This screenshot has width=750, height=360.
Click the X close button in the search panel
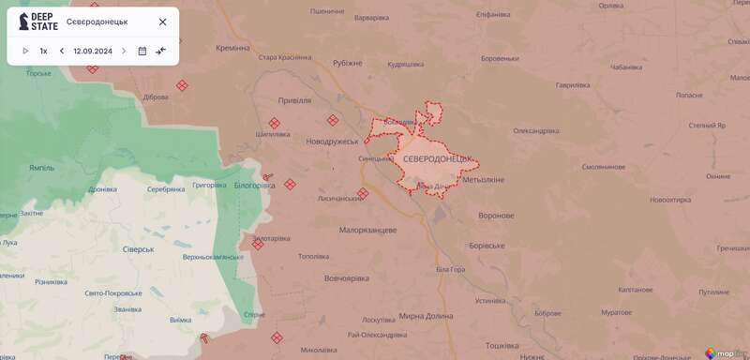point(162,22)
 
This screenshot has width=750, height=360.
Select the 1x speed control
point(43,51)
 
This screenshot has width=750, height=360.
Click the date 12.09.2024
point(92,51)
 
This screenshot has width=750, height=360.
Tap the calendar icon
point(142,51)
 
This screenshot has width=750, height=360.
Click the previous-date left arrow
point(62,51)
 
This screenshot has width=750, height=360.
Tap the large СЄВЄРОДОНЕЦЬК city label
point(439,161)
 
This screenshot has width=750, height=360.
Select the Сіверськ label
point(141,249)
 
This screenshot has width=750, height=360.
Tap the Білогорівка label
point(254,185)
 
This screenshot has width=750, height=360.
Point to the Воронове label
point(496,216)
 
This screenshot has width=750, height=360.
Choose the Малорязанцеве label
point(368,230)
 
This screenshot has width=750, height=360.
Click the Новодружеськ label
point(333,141)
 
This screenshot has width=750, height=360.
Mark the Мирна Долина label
point(426,316)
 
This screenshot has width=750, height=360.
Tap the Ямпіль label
point(42,168)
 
